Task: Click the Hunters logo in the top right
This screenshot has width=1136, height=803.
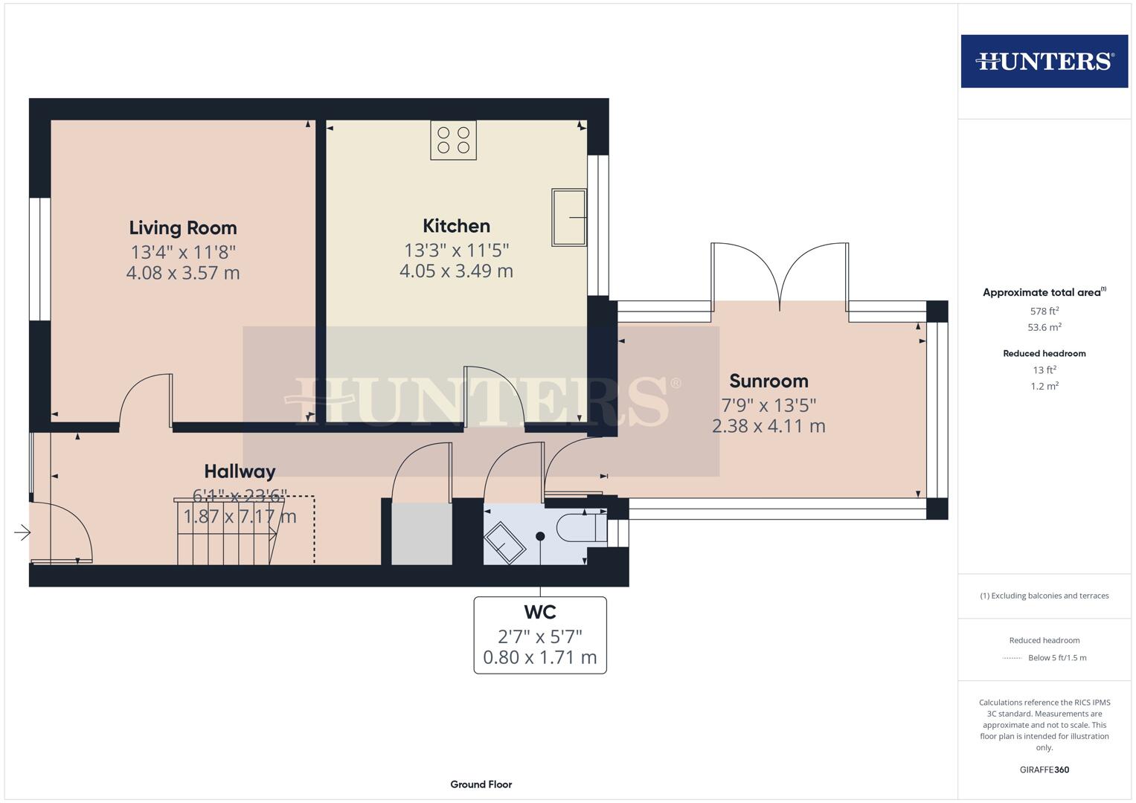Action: [x=1044, y=61]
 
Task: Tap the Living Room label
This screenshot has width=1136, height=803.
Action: [x=183, y=228]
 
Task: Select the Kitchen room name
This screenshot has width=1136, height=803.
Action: [x=456, y=225]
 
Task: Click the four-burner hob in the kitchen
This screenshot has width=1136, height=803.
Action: [x=453, y=140]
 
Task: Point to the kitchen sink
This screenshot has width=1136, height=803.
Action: [x=568, y=217]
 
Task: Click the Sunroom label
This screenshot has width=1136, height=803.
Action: [x=768, y=381]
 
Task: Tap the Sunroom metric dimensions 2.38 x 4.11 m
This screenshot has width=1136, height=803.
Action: [x=768, y=426]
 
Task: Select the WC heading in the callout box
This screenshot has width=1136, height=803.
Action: [x=540, y=612]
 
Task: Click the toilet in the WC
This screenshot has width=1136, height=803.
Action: [x=580, y=527]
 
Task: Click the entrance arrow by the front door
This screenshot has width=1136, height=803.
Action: [x=22, y=532]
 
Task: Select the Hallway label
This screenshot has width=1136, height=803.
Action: [x=240, y=471]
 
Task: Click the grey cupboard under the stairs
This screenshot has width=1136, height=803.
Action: [x=422, y=534]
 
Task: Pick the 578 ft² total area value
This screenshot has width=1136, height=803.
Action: [x=1044, y=312]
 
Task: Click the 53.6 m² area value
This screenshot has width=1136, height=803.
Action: [x=1044, y=327]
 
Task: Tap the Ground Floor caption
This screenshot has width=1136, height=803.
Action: [x=481, y=784]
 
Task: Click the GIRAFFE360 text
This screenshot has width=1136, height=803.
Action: [x=1044, y=770]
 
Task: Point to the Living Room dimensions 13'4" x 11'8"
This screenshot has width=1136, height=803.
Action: [x=183, y=251]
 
